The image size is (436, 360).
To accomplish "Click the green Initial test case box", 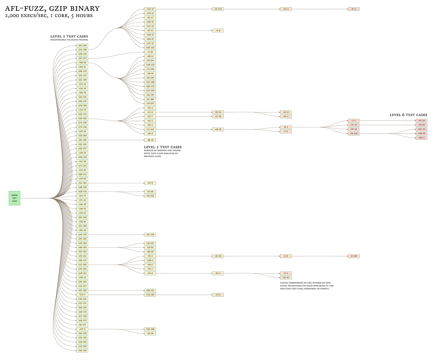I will coord(14,198).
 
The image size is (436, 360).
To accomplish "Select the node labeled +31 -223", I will coord(218,9).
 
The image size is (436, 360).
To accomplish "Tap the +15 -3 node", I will coord(285,9).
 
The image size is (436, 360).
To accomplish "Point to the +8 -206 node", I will coord(353,256).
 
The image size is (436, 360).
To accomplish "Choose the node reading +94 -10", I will coord(421,121).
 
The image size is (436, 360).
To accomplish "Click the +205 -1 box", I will coord(421,138).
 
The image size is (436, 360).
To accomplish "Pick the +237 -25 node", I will coord(421,129).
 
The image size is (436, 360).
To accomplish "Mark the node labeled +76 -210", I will coord(353,134).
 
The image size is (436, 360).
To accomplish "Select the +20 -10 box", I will coord(218,129).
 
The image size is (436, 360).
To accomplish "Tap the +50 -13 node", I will coord(218,112).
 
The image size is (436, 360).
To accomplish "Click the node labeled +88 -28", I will coord(150,140).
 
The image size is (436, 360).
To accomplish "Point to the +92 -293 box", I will coord(150,196).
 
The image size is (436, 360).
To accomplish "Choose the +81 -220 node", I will coord(150,234).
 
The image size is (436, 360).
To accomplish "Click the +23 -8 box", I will coord(218,295).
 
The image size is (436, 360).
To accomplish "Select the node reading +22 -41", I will coord(285,278).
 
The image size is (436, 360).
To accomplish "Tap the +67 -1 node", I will coord(218,273).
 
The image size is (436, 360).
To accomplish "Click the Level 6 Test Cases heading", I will coord(408,115).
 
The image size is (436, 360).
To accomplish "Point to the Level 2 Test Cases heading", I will coord(162,147).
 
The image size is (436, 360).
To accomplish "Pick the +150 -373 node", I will coord(150,65).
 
